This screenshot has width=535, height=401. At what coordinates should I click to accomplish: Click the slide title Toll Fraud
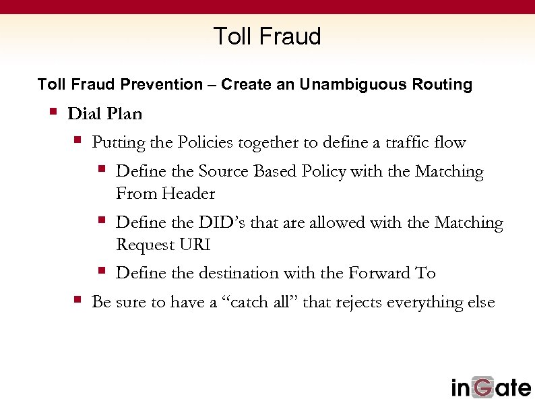267,36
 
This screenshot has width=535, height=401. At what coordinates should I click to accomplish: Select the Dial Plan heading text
105,114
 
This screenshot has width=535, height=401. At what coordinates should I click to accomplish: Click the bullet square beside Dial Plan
53,111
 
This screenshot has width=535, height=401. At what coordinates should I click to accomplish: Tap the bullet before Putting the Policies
77,140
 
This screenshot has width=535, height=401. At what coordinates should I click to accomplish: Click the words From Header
165,194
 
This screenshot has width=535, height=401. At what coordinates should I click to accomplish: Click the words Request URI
163,245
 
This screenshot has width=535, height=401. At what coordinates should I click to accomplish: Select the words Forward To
392,273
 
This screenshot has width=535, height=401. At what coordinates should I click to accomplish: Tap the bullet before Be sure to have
77,299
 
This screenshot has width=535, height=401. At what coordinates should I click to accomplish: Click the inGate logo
490,388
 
